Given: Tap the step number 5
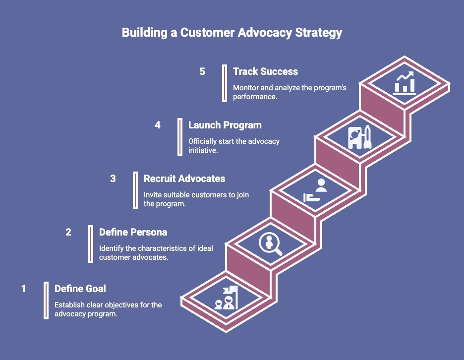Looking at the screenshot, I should pos(202,71).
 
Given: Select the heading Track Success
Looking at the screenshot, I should pos(265,71).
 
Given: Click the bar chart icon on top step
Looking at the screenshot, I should pos(404,83).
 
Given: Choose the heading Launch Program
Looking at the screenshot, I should pos(225,125).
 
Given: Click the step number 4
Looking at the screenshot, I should pos(158,125).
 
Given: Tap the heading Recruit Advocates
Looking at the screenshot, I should pos(184,179).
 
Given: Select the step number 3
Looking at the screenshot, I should pos(113,179).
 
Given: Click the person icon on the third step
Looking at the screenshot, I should pos(321,186).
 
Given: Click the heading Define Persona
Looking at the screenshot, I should pos(133,232).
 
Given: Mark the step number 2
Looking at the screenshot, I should pos(68,232).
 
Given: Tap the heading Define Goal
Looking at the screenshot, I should pos(80,289).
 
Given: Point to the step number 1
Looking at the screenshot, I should pos(23,289).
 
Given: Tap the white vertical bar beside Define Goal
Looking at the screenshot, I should pos(46,300).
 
